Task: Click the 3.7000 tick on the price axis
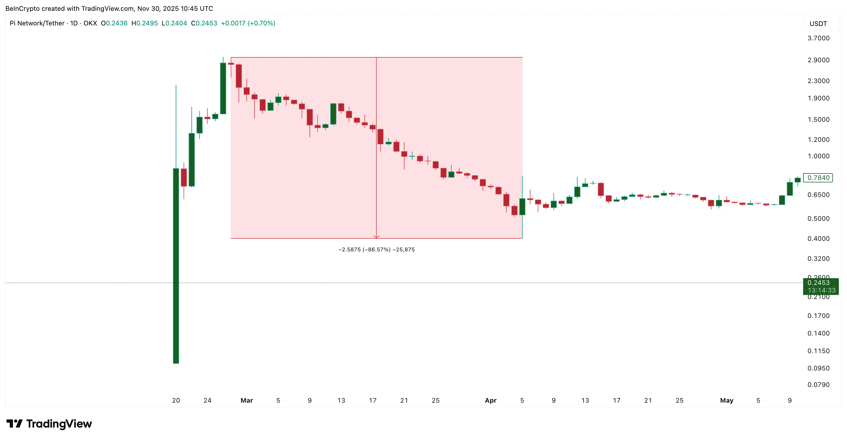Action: pyautogui.click(x=818, y=38)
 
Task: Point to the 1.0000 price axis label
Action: pyautogui.click(x=818, y=156)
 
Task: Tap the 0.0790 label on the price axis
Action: pyautogui.click(x=818, y=385)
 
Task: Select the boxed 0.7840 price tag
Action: pyautogui.click(x=818, y=178)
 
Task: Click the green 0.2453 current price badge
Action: pyautogui.click(x=820, y=286)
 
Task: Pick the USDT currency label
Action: pyautogui.click(x=818, y=24)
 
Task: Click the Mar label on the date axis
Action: pyautogui.click(x=247, y=400)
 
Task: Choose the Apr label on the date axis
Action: pyautogui.click(x=491, y=400)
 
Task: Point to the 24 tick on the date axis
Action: pyautogui.click(x=207, y=400)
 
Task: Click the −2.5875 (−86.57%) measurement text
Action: pyautogui.click(x=376, y=249)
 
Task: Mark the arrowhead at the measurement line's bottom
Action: pyautogui.click(x=376, y=237)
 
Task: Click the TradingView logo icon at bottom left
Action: pyautogui.click(x=14, y=423)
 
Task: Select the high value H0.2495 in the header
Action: pyautogui.click(x=144, y=23)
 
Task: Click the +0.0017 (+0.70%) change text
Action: pyautogui.click(x=248, y=23)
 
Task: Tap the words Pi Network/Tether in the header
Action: pyautogui.click(x=37, y=23)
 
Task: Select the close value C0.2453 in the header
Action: pyautogui.click(x=204, y=23)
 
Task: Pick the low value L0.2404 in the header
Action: pyautogui.click(x=174, y=23)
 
